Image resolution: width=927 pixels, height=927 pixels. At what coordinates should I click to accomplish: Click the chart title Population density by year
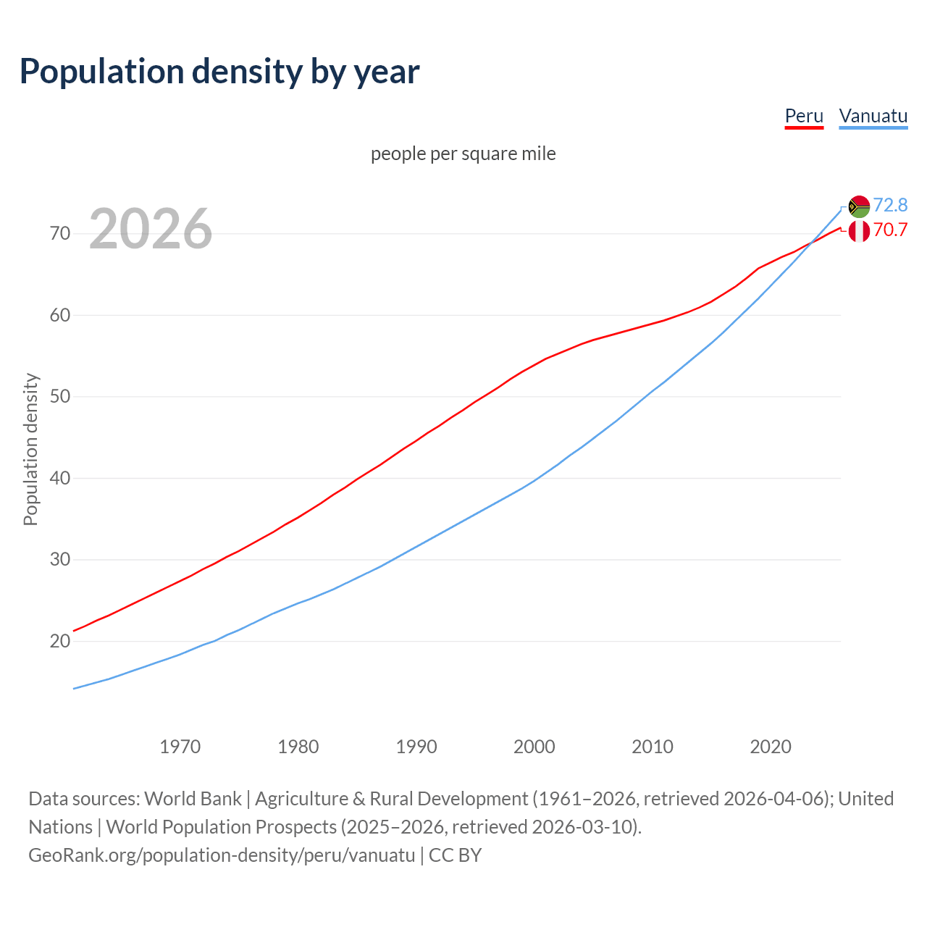[219, 72]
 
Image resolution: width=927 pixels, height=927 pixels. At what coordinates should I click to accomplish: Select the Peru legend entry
[804, 117]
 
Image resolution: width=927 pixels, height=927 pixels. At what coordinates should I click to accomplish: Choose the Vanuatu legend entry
[873, 117]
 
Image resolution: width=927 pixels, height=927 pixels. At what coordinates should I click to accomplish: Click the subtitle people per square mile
[463, 154]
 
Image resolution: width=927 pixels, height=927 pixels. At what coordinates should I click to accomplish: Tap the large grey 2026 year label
[151, 229]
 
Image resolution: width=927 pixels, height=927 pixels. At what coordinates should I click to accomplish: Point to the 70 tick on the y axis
[60, 234]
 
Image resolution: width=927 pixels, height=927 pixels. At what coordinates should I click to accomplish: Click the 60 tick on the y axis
[60, 316]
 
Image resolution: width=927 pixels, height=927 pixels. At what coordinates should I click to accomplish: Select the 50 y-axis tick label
[60, 397]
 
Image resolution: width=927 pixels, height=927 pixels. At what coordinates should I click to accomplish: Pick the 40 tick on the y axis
[60, 479]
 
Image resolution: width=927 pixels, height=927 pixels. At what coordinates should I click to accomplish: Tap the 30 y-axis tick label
[60, 560]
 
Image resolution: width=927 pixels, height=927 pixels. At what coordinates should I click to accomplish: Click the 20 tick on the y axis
[60, 642]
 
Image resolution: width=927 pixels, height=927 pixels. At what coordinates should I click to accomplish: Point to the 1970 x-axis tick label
[180, 747]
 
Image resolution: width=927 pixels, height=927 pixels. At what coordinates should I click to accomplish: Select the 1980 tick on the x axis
[298, 747]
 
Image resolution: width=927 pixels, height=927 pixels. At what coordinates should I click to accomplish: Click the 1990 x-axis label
[416, 747]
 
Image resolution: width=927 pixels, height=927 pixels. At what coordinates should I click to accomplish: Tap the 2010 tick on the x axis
[653, 747]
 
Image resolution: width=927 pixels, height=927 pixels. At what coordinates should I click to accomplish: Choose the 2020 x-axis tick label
[771, 747]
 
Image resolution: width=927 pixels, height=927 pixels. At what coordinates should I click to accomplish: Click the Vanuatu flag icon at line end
[859, 206]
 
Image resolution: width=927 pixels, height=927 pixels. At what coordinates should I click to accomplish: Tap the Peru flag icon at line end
[859, 231]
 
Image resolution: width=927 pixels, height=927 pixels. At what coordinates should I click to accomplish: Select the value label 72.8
[890, 206]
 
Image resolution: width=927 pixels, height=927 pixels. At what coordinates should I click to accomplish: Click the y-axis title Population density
[30, 449]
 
